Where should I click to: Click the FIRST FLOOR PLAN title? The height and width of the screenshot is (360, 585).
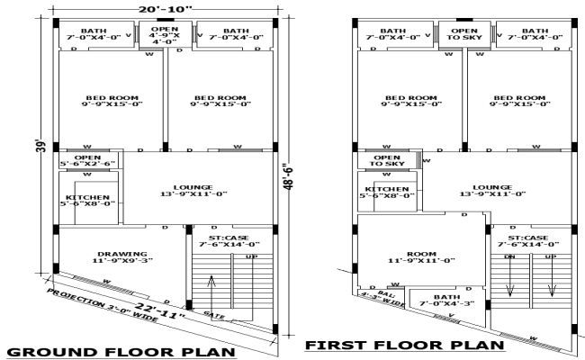point(404,345)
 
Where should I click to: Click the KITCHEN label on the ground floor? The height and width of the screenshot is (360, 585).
point(88,200)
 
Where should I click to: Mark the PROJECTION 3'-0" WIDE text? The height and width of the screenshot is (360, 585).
point(89,303)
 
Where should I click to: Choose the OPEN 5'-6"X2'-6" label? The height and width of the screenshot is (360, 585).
point(87,160)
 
